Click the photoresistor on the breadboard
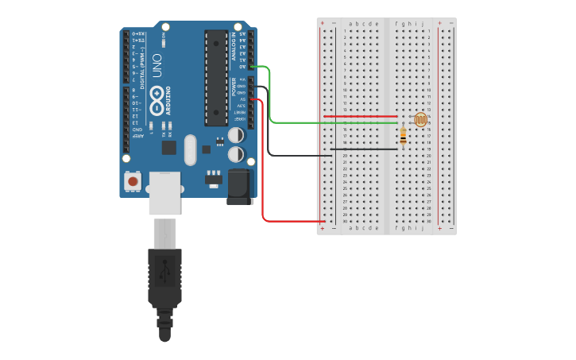pyautogui.click(x=420, y=120)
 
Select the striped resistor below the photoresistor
pyautogui.click(x=403, y=137)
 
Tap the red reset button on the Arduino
pyautogui.click(x=133, y=182)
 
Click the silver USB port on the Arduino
pyautogui.click(x=164, y=192)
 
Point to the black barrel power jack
pyautogui.click(x=240, y=188)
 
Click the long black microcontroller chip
pyautogui.click(x=216, y=78)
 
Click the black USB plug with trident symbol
pyautogui.click(x=164, y=278)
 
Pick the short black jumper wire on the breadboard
pyautogui.click(x=364, y=149)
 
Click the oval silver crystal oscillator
pyautogui.click(x=189, y=149)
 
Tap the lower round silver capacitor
pyautogui.click(x=237, y=154)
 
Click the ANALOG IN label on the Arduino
pyautogui.click(x=234, y=48)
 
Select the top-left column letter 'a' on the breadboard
pyautogui.click(x=350, y=24)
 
